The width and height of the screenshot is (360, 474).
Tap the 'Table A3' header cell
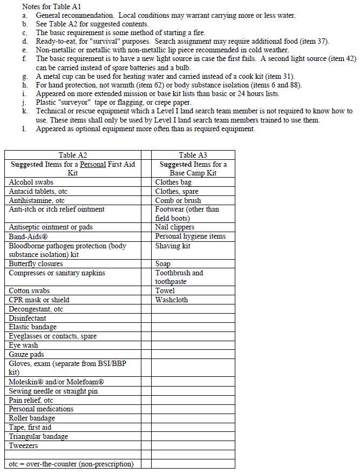coord(193,155)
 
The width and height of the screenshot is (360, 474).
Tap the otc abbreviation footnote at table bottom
coord(71,464)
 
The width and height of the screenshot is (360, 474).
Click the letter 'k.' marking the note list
coord(25,111)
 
